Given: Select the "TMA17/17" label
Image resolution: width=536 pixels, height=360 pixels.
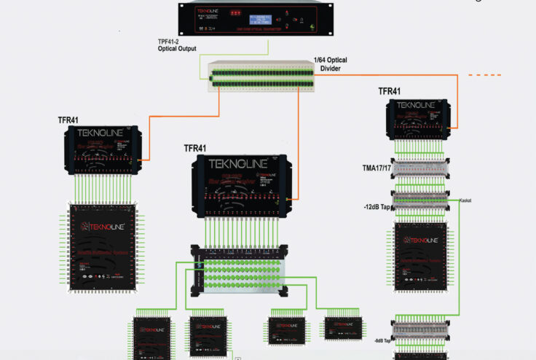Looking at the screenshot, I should pos(379,168).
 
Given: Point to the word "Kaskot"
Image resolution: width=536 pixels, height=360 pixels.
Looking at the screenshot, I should pos(466,200).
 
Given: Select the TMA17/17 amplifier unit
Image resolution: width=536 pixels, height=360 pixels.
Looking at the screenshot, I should pos(418,168).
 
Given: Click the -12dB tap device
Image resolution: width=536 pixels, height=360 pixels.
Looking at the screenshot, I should pos(418,201).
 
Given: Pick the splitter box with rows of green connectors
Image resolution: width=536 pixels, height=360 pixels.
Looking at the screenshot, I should pos(240,271).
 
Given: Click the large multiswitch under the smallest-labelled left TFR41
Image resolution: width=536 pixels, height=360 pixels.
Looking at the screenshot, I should pos(106,244).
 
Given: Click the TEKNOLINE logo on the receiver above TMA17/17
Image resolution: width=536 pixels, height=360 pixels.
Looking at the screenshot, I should pos(418,106).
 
